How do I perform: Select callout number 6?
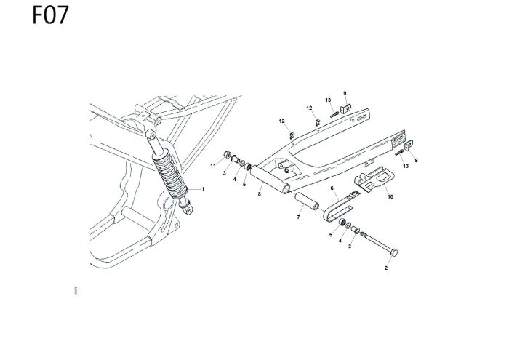(331, 188)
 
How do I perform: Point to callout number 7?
(297, 217)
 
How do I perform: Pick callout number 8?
(259, 194)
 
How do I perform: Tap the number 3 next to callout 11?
(224, 174)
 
